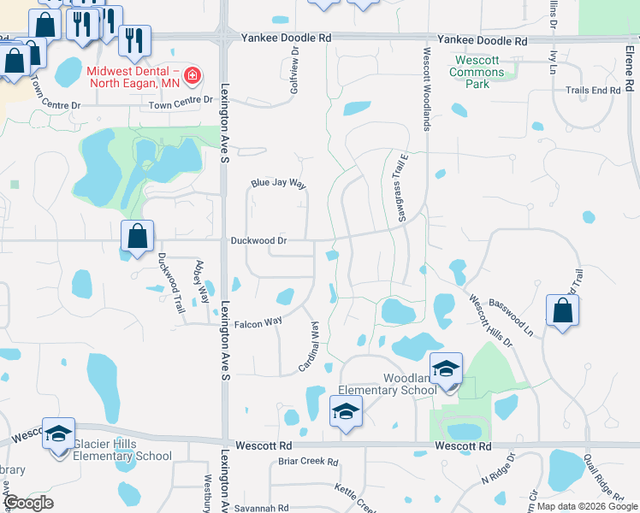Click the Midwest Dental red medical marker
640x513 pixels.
(192, 75)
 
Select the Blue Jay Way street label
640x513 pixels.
(278, 184)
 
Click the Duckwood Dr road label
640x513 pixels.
(258, 241)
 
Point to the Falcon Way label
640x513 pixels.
(258, 322)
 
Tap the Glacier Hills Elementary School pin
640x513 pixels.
(59, 434)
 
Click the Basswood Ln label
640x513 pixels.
(511, 316)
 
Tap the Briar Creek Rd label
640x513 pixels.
(309, 462)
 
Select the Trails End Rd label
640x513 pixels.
(592, 90)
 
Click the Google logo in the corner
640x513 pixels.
(28, 503)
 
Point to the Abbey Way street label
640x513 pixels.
(203, 282)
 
